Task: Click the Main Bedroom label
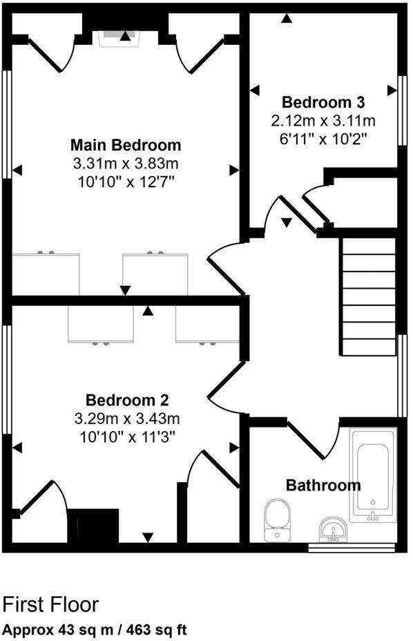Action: [x=126, y=146]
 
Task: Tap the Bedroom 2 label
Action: [x=127, y=401]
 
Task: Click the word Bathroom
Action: [x=323, y=485]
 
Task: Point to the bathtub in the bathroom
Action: [x=373, y=475]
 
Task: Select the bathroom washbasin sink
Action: [x=334, y=530]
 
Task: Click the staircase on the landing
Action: [x=368, y=296]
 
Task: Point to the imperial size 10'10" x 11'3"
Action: [x=126, y=437]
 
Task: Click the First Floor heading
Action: [x=50, y=605]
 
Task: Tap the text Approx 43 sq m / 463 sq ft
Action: [x=95, y=630]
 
